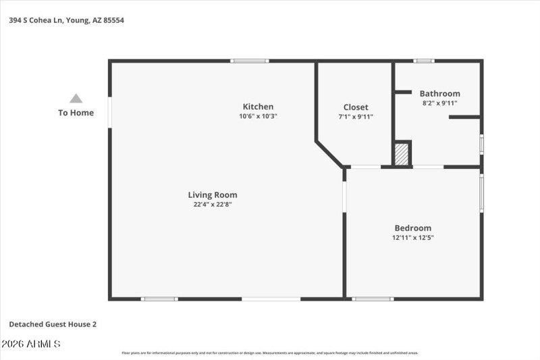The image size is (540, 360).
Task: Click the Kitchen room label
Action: click(258, 107)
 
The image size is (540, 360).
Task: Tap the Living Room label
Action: click(213, 195)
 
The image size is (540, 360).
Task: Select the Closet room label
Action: click(356, 107)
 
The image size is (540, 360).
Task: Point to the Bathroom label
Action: click(439, 94)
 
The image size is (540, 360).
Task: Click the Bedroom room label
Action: click(412, 228)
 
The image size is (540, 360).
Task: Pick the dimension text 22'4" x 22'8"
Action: click(213, 205)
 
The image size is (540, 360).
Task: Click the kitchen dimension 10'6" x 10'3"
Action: click(258, 116)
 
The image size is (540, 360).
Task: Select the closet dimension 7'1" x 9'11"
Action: click(356, 117)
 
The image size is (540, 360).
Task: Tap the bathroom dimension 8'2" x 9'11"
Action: click(439, 103)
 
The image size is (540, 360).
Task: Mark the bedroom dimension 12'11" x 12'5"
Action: click(412, 238)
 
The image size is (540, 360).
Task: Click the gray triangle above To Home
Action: click(76, 99)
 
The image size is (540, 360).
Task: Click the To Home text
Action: click(76, 113)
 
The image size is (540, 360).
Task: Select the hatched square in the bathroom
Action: click(402, 153)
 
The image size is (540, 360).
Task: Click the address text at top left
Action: click(66, 20)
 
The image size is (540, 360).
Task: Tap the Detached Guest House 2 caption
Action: click(53, 324)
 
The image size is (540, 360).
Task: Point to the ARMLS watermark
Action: click(31, 344)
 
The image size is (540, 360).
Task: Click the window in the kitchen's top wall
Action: click(250, 61)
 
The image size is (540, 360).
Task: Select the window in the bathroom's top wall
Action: click(424, 61)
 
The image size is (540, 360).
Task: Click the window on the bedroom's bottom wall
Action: click(373, 299)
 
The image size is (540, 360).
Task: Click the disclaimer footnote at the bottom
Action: click(270, 353)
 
